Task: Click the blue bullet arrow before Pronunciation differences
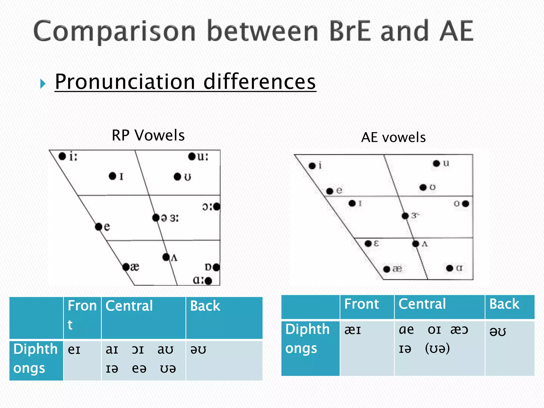43,84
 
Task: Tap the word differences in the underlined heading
260,82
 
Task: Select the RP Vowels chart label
148,135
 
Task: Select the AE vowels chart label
393,137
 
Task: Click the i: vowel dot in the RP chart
62,156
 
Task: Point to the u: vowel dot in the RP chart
192,156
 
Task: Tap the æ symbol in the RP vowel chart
135,267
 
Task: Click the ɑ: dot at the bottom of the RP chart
208,281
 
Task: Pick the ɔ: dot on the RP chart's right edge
217,206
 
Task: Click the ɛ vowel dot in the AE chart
368,244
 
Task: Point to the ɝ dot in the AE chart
405,216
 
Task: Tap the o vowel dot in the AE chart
465,204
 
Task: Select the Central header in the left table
129,306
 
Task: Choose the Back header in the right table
504,304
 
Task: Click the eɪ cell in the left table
74,350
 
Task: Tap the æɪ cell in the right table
352,330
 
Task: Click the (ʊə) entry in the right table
437,348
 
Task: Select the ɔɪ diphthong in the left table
138,350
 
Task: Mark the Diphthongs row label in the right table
307,339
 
